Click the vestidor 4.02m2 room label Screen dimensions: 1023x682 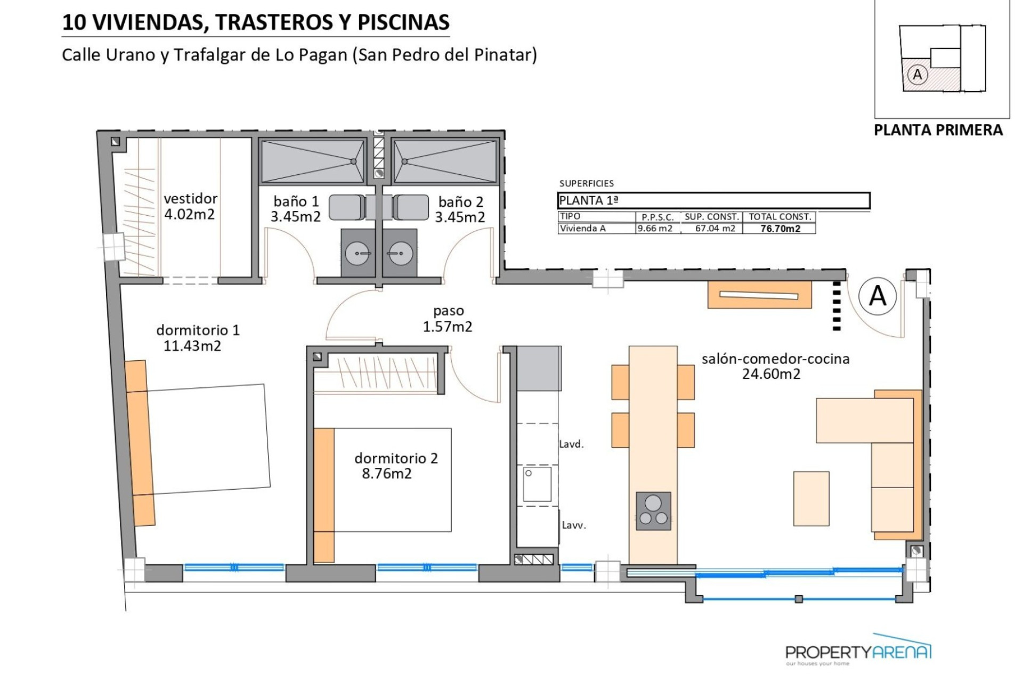point(191,206)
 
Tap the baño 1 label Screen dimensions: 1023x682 point(296,201)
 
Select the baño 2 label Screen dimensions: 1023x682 point(460,202)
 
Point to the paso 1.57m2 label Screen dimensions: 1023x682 point(448,319)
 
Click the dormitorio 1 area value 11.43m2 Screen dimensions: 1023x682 point(192,346)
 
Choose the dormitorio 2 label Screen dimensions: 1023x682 point(396,458)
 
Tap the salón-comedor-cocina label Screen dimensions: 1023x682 point(775,359)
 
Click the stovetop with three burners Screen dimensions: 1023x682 point(653,510)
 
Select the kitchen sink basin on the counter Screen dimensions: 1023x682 point(537,484)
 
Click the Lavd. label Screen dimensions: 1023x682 point(571,444)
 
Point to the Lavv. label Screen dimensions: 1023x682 point(574,525)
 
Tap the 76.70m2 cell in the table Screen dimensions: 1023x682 point(780,229)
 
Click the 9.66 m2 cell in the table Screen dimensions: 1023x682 point(655,229)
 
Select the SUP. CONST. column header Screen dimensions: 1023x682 point(712,217)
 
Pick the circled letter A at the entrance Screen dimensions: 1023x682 point(878,295)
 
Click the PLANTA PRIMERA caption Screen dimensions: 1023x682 point(938,130)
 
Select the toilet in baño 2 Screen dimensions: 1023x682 point(411,207)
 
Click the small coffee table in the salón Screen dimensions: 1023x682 point(811,499)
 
